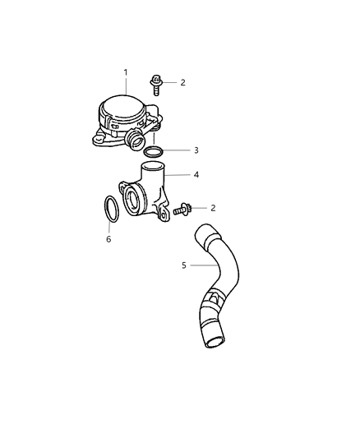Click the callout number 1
pyautogui.click(x=126, y=72)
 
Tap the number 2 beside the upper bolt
pyautogui.click(x=182, y=83)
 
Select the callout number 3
pyautogui.click(x=196, y=150)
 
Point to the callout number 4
pyautogui.click(x=196, y=174)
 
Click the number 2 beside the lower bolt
pyautogui.click(x=213, y=208)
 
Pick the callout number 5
pyautogui.click(x=183, y=265)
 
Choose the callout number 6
pyautogui.click(x=108, y=239)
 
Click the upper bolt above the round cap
pyautogui.click(x=155, y=82)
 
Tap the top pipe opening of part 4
pyautogui.click(x=150, y=168)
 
